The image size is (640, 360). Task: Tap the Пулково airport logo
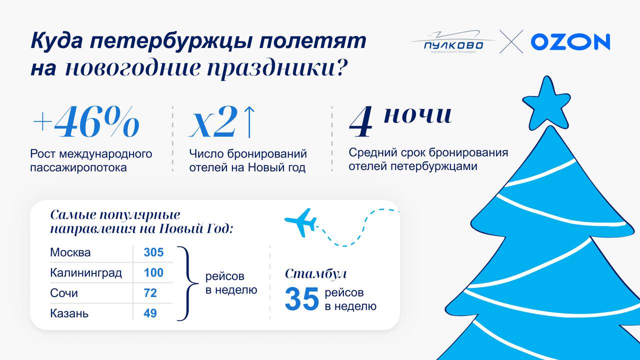[453, 42]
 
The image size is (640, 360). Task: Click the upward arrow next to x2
[249, 122]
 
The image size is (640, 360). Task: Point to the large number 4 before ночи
[361, 122]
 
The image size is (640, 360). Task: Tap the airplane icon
[300, 222]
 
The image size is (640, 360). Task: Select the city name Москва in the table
[70, 252]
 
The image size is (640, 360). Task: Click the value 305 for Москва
[153, 252]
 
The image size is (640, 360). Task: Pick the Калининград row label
[86, 273]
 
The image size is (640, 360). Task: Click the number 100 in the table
[153, 273]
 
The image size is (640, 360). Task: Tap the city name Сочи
[64, 293]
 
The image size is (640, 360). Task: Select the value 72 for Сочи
[150, 293]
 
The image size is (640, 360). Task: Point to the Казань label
[69, 313]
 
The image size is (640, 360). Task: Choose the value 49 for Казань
[150, 313]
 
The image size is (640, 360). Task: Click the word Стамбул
[315, 273]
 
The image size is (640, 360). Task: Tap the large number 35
[301, 299]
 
